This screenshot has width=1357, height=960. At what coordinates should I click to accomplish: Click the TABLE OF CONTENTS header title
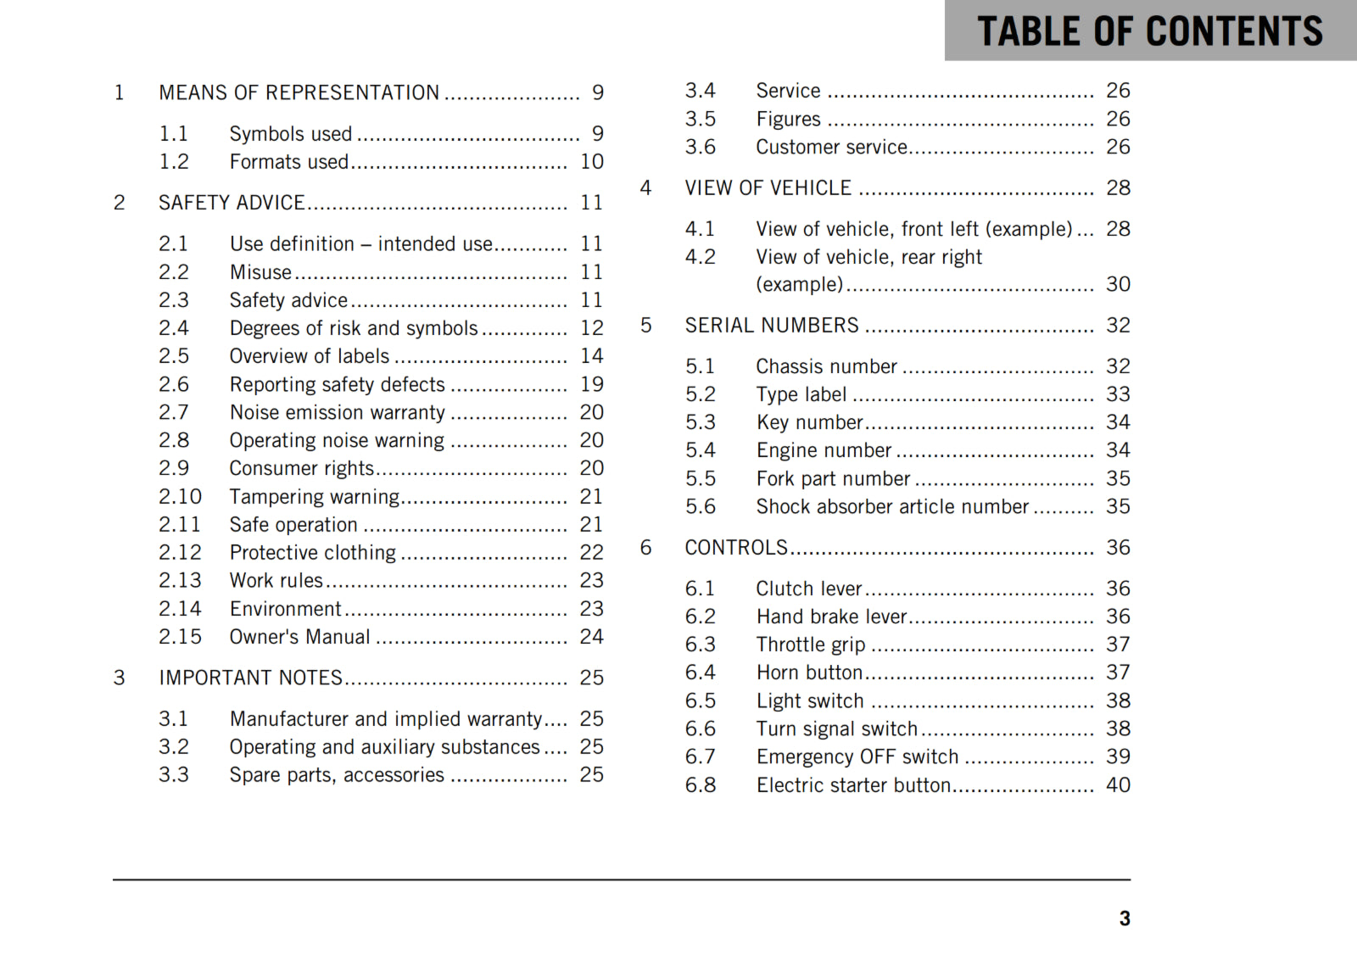[x=1149, y=31]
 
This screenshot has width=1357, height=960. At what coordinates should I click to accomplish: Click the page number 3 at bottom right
[x=1124, y=918]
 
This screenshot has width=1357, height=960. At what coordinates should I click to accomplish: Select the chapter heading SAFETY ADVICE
[x=232, y=203]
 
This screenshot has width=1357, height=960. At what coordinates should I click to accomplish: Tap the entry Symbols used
[x=290, y=134]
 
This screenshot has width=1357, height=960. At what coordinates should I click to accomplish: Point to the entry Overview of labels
[x=309, y=356]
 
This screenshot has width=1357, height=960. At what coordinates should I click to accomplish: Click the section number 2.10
[x=180, y=497]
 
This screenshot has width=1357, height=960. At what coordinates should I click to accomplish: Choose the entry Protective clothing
[x=312, y=553]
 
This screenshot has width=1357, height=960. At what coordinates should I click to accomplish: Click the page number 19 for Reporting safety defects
[x=591, y=384]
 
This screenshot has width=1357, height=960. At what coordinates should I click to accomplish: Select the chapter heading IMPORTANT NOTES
[x=250, y=678]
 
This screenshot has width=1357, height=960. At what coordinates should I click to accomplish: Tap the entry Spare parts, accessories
[x=336, y=775]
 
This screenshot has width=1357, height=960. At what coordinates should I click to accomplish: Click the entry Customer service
[x=831, y=148]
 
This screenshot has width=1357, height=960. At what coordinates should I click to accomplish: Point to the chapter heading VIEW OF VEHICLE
[x=768, y=188]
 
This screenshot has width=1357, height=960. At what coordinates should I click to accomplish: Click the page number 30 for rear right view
[x=1118, y=284]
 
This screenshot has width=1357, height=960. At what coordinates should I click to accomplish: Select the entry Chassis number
[x=826, y=366]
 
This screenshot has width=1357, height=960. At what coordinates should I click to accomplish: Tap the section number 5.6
[x=700, y=507]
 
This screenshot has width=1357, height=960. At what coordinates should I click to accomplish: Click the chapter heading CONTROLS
[x=736, y=548]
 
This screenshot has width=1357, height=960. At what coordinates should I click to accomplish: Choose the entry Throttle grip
[x=810, y=645]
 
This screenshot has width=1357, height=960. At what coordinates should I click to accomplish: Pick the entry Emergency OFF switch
[x=857, y=756]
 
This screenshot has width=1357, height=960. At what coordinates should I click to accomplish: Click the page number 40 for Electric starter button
[x=1118, y=785]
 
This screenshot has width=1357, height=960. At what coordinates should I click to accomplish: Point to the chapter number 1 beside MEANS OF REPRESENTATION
[x=120, y=92]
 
